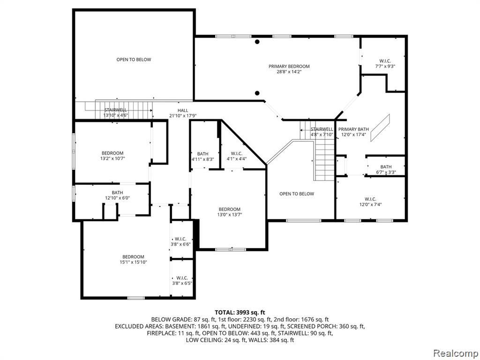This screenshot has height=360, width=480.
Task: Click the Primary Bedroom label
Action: pyautogui.click(x=289, y=66)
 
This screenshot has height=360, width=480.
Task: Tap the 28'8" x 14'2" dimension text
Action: pyautogui.click(x=289, y=72)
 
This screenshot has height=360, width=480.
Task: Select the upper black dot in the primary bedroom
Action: pyautogui.click(x=257, y=42)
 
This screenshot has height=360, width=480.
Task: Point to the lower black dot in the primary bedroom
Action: pyautogui.click(x=257, y=93)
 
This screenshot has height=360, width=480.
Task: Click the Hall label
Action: pyautogui.click(x=183, y=111)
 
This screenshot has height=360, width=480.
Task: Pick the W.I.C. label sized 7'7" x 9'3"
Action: pyautogui.click(x=385, y=61)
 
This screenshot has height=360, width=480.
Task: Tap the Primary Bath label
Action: pyautogui.click(x=353, y=129)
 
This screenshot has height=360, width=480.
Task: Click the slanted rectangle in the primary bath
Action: pyautogui.click(x=380, y=128)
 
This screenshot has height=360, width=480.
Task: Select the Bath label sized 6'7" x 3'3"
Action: pyautogui.click(x=386, y=167)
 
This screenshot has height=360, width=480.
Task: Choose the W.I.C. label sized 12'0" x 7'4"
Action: pyautogui.click(x=370, y=199)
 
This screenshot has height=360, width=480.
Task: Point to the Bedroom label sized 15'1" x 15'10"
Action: pyautogui.click(x=133, y=257)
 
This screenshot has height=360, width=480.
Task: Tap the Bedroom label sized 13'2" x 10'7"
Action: pyautogui.click(x=112, y=153)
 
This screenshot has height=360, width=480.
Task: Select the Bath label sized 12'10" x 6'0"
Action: pyautogui.click(x=117, y=193)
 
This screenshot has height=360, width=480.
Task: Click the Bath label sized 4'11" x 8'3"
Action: pyautogui.click(x=202, y=154)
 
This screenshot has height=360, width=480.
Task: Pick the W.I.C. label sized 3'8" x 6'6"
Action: pyautogui.click(x=180, y=239)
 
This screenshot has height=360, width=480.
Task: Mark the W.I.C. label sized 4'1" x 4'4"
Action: pyautogui.click(x=237, y=153)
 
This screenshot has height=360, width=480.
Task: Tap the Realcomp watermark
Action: pyautogui.click(x=455, y=353)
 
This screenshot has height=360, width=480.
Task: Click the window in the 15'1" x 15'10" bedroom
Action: pyautogui.click(x=136, y=298)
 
